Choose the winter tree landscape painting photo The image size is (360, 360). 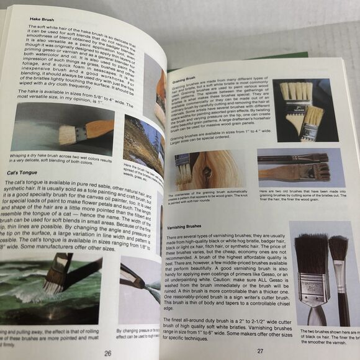(x=143, y=145)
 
